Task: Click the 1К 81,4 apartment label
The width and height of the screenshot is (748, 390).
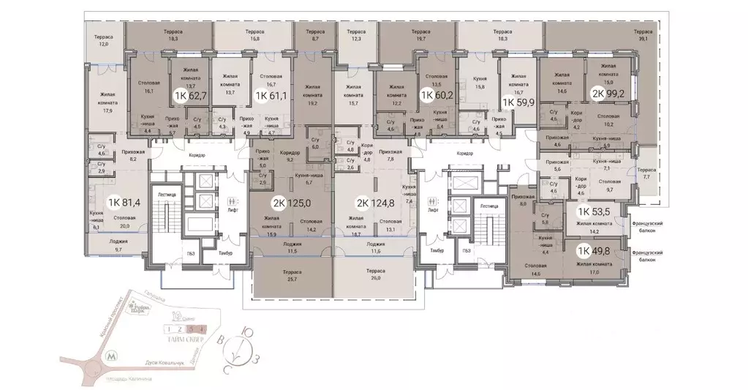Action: tap(124, 203)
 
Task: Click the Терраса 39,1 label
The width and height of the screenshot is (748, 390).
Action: tap(643, 37)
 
